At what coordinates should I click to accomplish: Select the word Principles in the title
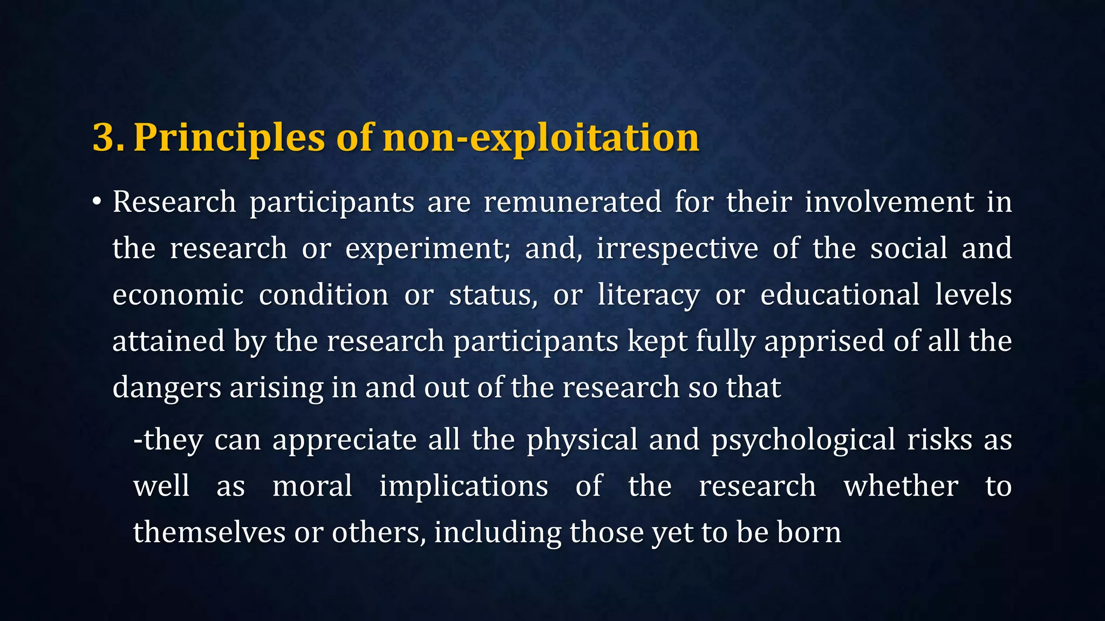tap(229, 137)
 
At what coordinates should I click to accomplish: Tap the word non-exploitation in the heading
tap(541, 137)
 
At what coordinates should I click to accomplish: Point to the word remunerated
tap(572, 202)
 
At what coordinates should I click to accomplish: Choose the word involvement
tap(889, 202)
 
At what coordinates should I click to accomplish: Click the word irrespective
tap(677, 249)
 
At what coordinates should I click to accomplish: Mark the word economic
tap(178, 295)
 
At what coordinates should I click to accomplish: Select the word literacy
tap(649, 295)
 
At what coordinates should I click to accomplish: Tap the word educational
tap(840, 295)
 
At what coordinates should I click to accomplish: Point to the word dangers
tap(167, 388)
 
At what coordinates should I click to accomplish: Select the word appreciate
tap(344, 439)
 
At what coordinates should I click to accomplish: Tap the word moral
tap(312, 486)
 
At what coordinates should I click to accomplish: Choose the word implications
tap(463, 486)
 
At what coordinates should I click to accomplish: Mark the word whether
tap(901, 486)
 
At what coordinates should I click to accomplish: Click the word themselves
tap(209, 532)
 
